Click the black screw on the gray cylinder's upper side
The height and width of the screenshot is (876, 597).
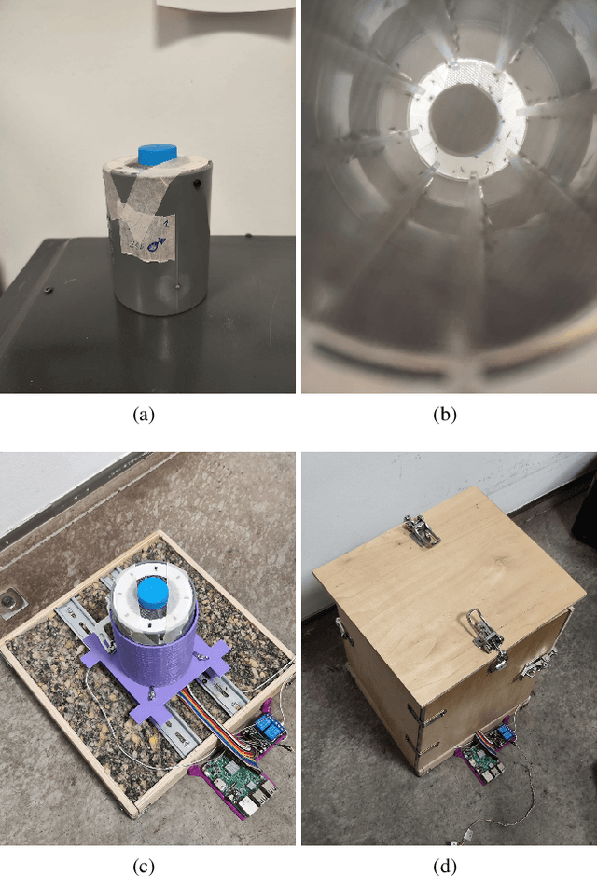click(x=198, y=186)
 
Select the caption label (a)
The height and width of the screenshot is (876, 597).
click(x=143, y=417)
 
